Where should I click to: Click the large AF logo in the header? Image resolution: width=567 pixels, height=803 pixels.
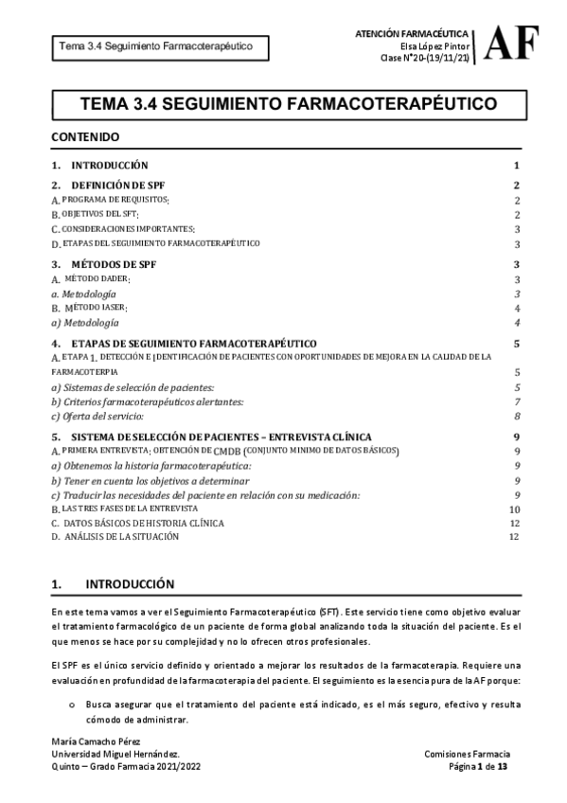(515, 43)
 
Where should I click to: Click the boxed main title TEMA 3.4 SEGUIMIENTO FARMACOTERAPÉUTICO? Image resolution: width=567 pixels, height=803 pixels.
(283, 102)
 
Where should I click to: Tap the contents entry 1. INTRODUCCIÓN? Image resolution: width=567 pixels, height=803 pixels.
(99, 165)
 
